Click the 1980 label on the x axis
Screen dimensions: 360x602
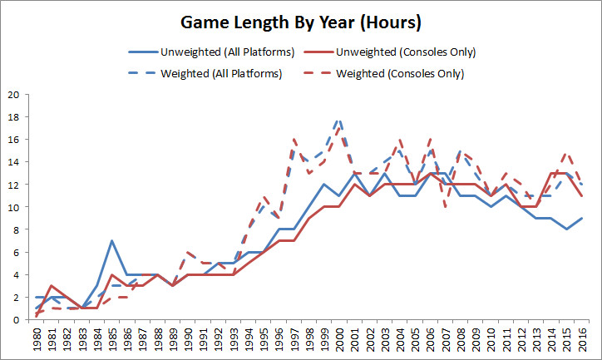click(37, 339)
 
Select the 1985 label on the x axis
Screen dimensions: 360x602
click(112, 339)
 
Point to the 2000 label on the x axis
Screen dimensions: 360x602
click(339, 339)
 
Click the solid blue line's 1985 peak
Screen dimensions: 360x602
click(111, 241)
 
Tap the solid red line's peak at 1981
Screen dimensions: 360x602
click(52, 286)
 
